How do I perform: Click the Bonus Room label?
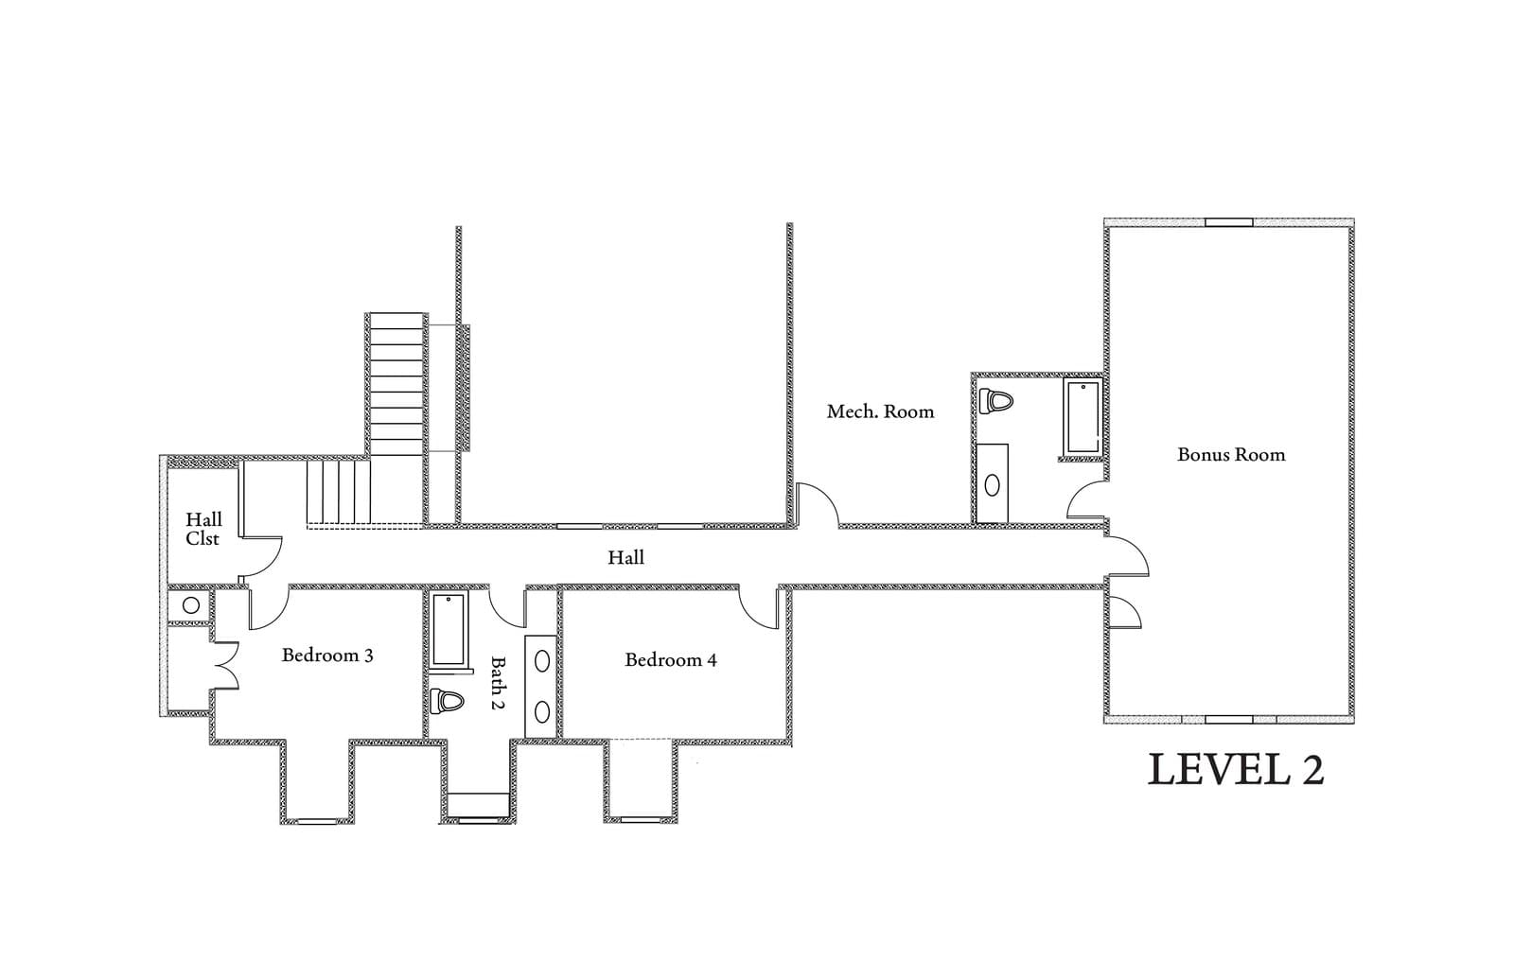tap(1230, 455)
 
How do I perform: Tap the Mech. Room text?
tap(880, 411)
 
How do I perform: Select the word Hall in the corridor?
tap(625, 558)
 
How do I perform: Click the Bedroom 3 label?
tap(327, 655)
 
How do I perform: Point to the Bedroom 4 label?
tap(670, 659)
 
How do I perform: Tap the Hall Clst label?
tap(202, 529)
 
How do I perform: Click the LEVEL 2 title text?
tap(1235, 770)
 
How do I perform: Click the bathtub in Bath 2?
tap(449, 630)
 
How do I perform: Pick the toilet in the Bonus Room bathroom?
tap(995, 400)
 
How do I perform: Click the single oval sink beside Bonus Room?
tap(992, 485)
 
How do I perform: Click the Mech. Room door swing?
tap(819, 506)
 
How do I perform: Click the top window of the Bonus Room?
tap(1228, 223)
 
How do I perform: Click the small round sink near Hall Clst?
tap(191, 605)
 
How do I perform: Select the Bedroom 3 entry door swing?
tap(266, 607)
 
